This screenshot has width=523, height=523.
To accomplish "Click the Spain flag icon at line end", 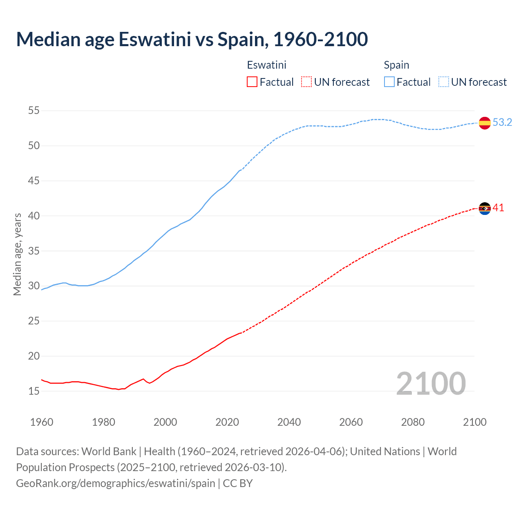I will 485,123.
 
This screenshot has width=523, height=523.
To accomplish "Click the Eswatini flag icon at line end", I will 485,208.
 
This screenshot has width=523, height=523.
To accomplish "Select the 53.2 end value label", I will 502,123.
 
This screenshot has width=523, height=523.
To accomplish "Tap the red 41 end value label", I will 498,208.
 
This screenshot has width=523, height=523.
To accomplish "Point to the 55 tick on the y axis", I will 34,111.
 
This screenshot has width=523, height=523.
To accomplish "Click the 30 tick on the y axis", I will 34,286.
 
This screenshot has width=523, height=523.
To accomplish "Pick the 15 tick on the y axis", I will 34,391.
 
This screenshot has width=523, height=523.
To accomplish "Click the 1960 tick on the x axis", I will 42,422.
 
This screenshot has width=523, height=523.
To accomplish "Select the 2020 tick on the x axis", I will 227,422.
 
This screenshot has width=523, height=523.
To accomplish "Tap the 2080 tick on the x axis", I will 413,422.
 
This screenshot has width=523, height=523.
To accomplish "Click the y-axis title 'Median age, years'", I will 17,254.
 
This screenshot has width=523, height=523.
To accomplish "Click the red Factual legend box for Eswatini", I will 252,82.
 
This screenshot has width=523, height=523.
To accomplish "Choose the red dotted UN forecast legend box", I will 306,82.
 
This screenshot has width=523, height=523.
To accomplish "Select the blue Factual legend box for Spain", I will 389,82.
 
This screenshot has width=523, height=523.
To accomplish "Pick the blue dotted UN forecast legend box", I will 444,82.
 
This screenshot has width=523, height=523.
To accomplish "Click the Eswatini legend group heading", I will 266,65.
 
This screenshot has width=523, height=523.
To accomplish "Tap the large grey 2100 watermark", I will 431,383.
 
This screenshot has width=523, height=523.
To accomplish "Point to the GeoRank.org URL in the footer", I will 116,483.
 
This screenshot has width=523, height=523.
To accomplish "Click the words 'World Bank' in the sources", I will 109,451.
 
